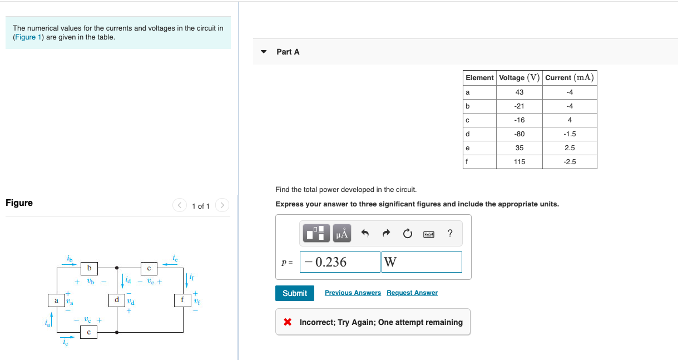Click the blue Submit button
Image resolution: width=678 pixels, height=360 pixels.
click(294, 293)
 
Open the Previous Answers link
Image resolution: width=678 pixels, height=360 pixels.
click(353, 293)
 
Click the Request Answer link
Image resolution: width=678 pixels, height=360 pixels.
click(412, 293)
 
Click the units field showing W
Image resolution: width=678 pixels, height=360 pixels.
click(421, 262)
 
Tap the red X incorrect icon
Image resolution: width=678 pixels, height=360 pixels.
click(288, 322)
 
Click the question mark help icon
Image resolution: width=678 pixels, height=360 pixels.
click(450, 234)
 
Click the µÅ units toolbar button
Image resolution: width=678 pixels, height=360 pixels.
click(342, 234)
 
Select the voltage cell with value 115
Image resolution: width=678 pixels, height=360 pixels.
click(519, 162)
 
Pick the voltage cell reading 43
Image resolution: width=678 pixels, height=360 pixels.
click(519, 92)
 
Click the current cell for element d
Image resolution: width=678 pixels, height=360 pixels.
click(569, 134)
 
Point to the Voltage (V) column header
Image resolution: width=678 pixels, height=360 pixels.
click(519, 78)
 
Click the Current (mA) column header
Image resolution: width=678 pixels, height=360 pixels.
click(569, 78)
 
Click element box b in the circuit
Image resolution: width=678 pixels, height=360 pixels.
click(89, 268)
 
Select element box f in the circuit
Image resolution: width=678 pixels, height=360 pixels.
click(182, 300)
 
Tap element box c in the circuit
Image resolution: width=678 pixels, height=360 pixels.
click(89, 332)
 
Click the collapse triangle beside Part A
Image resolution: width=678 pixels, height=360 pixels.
click(264, 52)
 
